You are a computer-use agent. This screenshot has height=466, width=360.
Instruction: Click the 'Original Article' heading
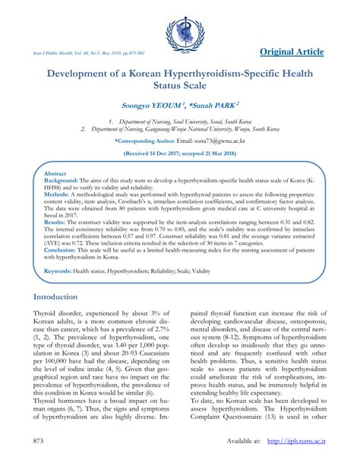click(291, 52)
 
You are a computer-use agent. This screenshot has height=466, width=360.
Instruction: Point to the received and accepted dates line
click(179, 154)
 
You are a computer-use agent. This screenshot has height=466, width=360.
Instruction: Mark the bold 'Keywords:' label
click(58, 271)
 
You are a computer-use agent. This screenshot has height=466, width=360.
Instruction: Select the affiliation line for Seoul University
click(181, 122)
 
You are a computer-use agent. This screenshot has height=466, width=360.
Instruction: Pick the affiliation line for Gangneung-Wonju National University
click(179, 130)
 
